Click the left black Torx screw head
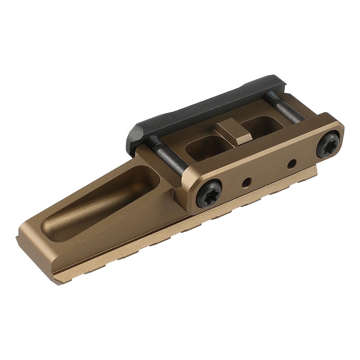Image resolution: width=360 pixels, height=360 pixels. click(x=209, y=193)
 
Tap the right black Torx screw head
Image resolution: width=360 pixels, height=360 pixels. click(x=328, y=145)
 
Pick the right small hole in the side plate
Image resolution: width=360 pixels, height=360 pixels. click(x=292, y=162)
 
